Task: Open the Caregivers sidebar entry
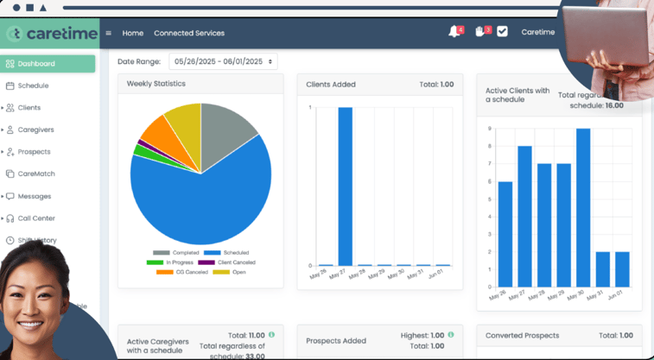pyautogui.click(x=35, y=129)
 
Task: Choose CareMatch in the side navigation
pyautogui.click(x=35, y=174)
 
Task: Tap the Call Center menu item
pyautogui.click(x=36, y=218)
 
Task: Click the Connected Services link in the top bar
pyautogui.click(x=189, y=33)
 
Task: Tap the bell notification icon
pyautogui.click(x=454, y=32)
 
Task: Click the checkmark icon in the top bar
pyautogui.click(x=502, y=32)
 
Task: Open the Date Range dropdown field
pyautogui.click(x=223, y=61)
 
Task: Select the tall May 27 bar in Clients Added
pyautogui.click(x=345, y=186)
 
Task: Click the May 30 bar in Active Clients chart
pyautogui.click(x=583, y=207)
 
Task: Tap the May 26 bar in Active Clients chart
pyautogui.click(x=505, y=233)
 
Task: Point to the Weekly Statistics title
pyautogui.click(x=156, y=84)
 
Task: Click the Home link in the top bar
pyautogui.click(x=133, y=33)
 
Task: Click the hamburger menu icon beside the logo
pyautogui.click(x=108, y=33)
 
